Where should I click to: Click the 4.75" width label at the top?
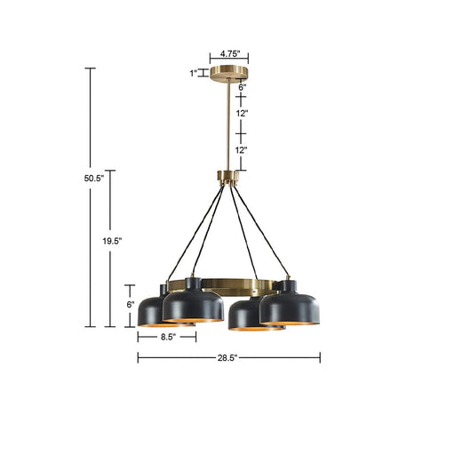(x=228, y=52)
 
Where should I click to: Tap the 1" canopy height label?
(x=194, y=74)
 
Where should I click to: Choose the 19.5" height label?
(x=111, y=240)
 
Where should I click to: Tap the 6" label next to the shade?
(x=131, y=304)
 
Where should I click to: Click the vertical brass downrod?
(x=228, y=124)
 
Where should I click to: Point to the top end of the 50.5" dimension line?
(x=89, y=68)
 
